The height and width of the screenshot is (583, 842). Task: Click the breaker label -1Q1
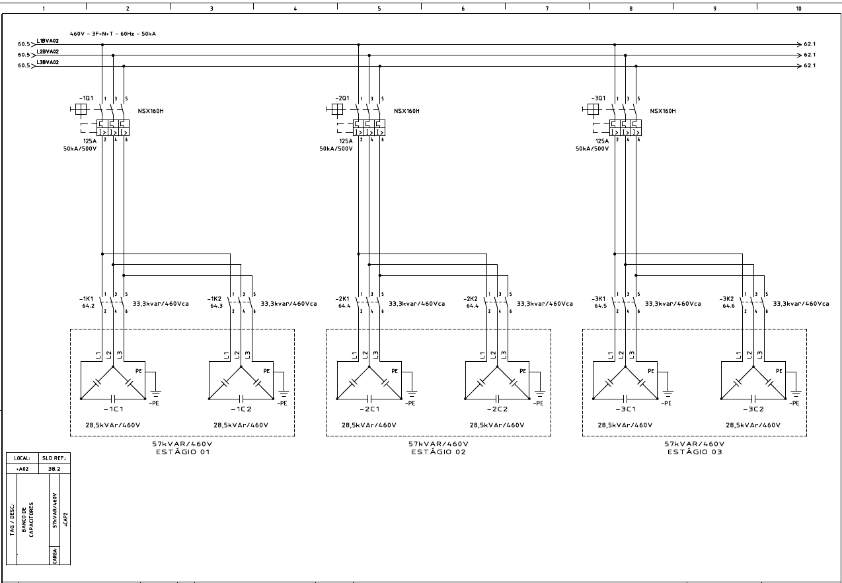87,98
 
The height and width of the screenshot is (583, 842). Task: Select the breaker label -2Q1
343,98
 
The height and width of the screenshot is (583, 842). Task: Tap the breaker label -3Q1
599,98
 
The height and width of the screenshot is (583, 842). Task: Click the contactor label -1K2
215,298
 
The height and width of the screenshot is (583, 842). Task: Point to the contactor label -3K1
599,298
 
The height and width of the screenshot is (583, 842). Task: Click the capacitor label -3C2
753,409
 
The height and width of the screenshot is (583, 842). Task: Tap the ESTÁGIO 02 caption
438,452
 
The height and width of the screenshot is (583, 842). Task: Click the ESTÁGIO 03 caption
695,452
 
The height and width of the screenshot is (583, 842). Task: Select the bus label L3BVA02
48,62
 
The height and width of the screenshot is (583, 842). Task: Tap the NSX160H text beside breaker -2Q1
406,111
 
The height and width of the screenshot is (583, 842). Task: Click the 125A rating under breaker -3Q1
601,141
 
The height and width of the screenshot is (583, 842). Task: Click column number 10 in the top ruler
798,9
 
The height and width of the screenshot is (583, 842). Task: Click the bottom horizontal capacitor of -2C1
369,398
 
